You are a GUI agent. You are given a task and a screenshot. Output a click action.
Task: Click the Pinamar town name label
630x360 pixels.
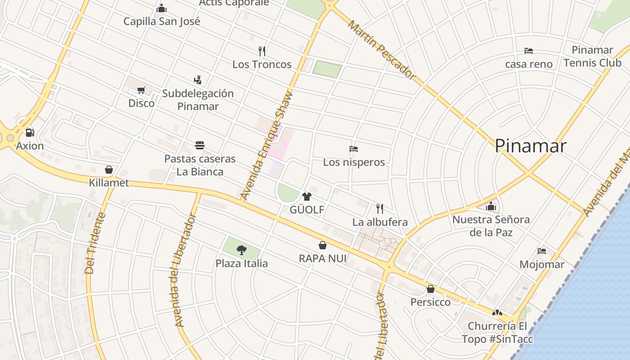531,146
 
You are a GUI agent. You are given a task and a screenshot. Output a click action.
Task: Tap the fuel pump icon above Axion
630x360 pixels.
30,132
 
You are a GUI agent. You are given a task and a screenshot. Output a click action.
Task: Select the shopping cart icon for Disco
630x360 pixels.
141,90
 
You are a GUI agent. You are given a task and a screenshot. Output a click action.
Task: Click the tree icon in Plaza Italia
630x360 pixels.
242,250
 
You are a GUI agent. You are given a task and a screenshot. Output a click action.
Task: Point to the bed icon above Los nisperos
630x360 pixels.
354,149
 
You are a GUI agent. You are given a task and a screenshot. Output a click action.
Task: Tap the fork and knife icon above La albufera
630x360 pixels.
380,208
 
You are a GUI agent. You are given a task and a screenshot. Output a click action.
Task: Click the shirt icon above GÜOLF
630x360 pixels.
307,196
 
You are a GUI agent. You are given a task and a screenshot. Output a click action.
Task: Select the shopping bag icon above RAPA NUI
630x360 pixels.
323,245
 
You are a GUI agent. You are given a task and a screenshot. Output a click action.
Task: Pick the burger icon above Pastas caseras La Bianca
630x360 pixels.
200,145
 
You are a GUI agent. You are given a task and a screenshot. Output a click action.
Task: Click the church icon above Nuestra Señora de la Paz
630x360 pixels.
491,207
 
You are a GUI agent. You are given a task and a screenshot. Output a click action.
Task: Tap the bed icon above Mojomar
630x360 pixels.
542,251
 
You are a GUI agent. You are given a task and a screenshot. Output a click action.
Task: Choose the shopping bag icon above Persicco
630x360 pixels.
431,289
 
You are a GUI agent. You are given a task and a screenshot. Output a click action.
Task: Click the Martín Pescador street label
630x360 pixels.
382,49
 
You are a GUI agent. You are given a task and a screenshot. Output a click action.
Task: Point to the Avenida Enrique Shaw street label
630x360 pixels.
267,145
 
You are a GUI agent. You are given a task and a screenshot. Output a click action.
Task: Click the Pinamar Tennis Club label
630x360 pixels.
592,56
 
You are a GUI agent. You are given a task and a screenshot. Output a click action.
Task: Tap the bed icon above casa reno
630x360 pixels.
529,51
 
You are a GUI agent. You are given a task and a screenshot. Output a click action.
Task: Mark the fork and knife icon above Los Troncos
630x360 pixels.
262,51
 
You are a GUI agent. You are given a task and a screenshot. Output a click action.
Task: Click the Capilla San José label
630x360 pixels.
162,21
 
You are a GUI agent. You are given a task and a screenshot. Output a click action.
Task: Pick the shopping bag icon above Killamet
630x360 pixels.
109,170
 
